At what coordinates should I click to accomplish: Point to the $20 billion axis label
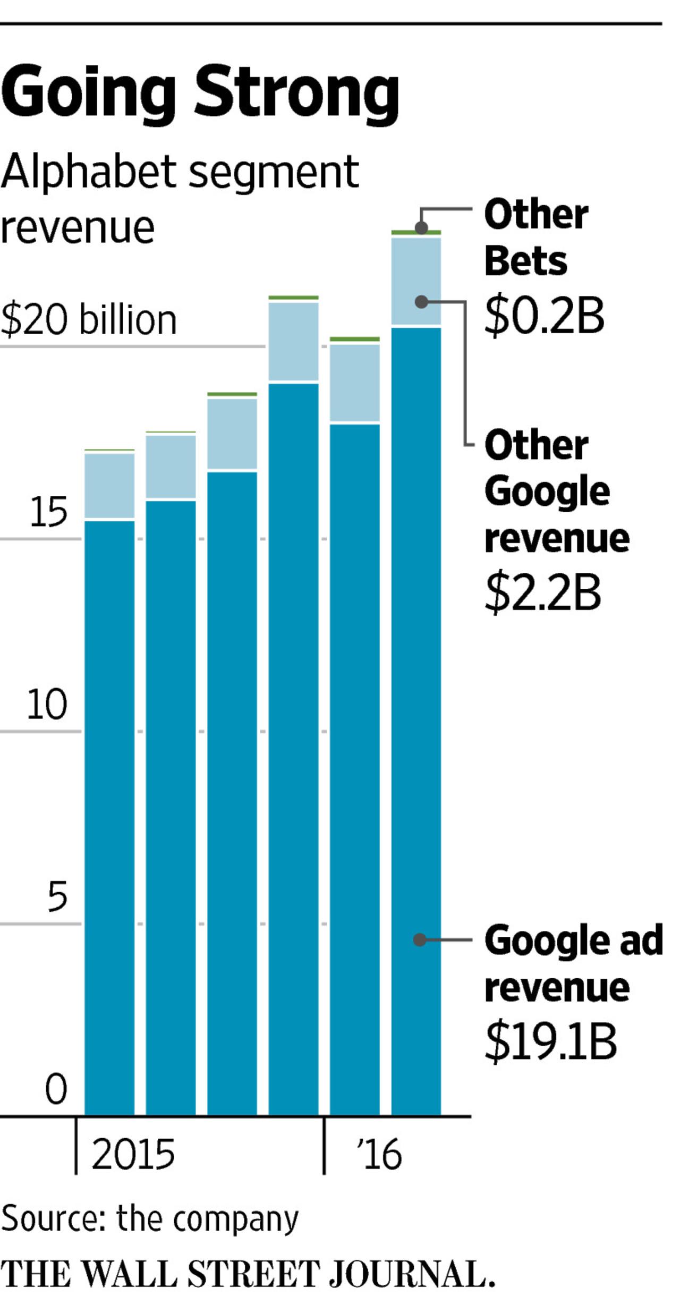pos(88,320)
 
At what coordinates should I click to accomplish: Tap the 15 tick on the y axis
pos(48,512)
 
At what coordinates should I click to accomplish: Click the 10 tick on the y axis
pos(47,705)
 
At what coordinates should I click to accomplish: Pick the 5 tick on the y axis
pos(57,897)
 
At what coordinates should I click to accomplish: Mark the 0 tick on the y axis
pos(56,1089)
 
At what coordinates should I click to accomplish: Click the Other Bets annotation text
pos(535,238)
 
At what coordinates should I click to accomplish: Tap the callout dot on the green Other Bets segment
pos(421,228)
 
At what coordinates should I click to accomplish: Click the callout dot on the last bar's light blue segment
pos(421,302)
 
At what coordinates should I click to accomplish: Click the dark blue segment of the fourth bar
pos(293,744)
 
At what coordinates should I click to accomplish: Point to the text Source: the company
pos(150,1218)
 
